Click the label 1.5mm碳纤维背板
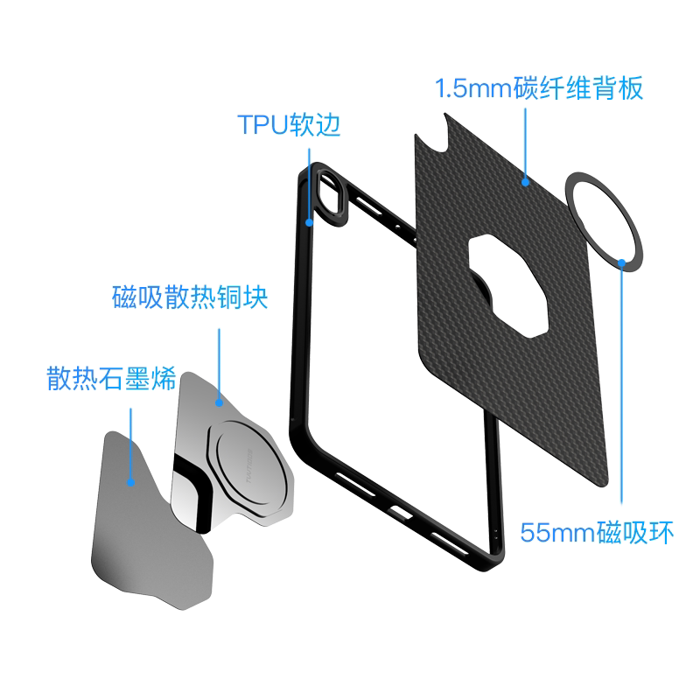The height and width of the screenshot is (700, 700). point(539,88)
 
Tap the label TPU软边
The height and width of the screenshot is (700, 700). point(289,125)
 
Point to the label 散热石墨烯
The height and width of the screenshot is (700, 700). point(112,380)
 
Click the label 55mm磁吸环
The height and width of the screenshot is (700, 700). point(598,532)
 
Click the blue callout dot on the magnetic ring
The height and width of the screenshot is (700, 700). point(621,261)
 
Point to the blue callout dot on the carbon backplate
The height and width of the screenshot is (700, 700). point(526,182)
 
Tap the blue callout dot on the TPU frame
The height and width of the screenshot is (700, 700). point(309,223)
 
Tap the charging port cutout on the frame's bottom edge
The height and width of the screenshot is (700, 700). point(399,512)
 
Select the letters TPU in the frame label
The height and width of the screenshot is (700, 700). point(261,125)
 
